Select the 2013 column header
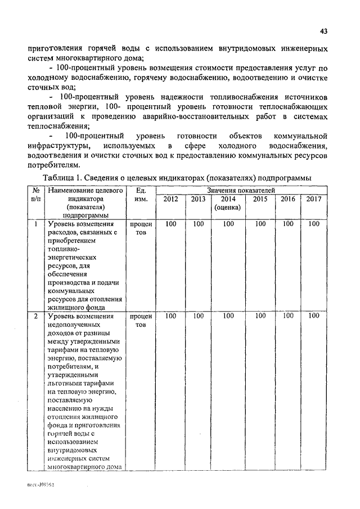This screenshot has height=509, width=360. pyautogui.click(x=198, y=199)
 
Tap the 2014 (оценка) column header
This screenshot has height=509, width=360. pyautogui.click(x=228, y=202)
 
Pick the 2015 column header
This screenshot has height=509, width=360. pyautogui.click(x=260, y=199)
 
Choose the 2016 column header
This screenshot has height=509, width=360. pyautogui.click(x=288, y=199)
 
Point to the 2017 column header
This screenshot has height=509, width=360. pyautogui.click(x=314, y=199)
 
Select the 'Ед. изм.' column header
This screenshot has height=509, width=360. pyautogui.click(x=141, y=195)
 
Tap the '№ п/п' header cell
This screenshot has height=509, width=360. pyautogui.click(x=36, y=195)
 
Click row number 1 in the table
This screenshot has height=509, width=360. pyautogui.click(x=36, y=224)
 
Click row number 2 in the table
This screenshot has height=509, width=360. pyautogui.click(x=36, y=316)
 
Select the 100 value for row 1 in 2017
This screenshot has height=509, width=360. pyautogui.click(x=314, y=224)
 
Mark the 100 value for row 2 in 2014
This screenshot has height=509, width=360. pyautogui.click(x=228, y=316)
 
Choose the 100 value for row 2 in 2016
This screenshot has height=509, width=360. pyautogui.click(x=288, y=316)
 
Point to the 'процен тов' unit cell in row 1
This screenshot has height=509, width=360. pyautogui.click(x=141, y=228)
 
